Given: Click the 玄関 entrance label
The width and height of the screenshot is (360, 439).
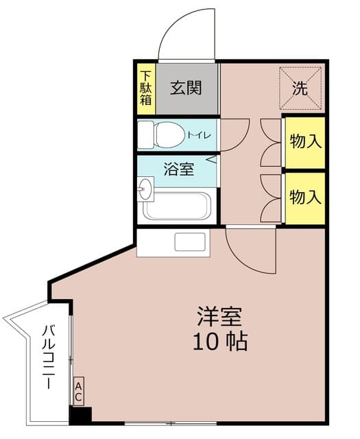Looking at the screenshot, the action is click(186, 88).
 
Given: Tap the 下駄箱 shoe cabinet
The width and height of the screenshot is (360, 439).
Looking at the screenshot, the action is click(146, 88).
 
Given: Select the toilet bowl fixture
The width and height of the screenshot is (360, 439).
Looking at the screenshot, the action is click(169, 135).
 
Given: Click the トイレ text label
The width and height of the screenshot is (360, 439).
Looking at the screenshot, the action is click(199, 135).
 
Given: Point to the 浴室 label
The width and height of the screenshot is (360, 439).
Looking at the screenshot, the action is click(178, 169).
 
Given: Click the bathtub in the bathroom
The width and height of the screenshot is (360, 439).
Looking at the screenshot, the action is click(177, 206).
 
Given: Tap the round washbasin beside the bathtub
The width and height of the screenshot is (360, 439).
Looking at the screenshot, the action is click(145, 189).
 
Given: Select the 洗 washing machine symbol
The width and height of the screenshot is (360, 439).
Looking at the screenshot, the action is click(300, 88).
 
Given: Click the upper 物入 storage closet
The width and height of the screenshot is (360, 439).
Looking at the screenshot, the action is click(305, 143).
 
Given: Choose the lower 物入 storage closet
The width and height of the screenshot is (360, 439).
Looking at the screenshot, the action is click(305, 198).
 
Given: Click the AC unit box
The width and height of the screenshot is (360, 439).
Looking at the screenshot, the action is click(78, 392).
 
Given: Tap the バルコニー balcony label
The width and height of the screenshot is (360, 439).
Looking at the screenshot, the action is click(49, 357).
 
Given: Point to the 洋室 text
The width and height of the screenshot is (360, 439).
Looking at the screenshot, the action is click(219, 316).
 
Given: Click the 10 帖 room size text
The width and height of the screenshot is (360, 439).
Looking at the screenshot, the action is click(220, 342).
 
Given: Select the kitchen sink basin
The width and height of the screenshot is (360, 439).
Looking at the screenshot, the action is click(190, 242).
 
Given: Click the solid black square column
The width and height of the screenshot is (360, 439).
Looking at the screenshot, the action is click(80, 416).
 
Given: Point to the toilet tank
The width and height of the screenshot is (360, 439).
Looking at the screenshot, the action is click(145, 134).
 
